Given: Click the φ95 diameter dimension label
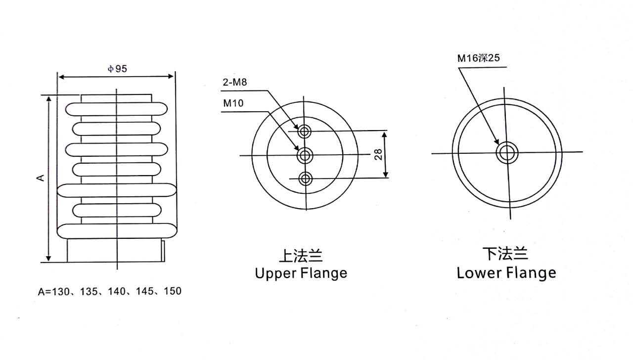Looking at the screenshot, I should [117, 69].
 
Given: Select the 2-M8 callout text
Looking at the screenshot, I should [234, 83].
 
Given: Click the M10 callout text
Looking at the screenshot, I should [233, 103].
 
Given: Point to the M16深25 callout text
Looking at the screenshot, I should [478, 58].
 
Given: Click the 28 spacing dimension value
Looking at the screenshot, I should [378, 155].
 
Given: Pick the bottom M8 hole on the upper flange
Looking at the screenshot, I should [305, 179].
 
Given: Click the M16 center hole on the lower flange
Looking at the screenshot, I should [507, 153].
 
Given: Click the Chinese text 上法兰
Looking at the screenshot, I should [301, 256].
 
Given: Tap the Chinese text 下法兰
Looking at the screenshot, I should [505, 254].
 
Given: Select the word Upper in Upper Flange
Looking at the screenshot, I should [275, 273].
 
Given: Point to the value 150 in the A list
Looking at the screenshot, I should [173, 291].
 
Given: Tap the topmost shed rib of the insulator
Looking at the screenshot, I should [117, 109].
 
